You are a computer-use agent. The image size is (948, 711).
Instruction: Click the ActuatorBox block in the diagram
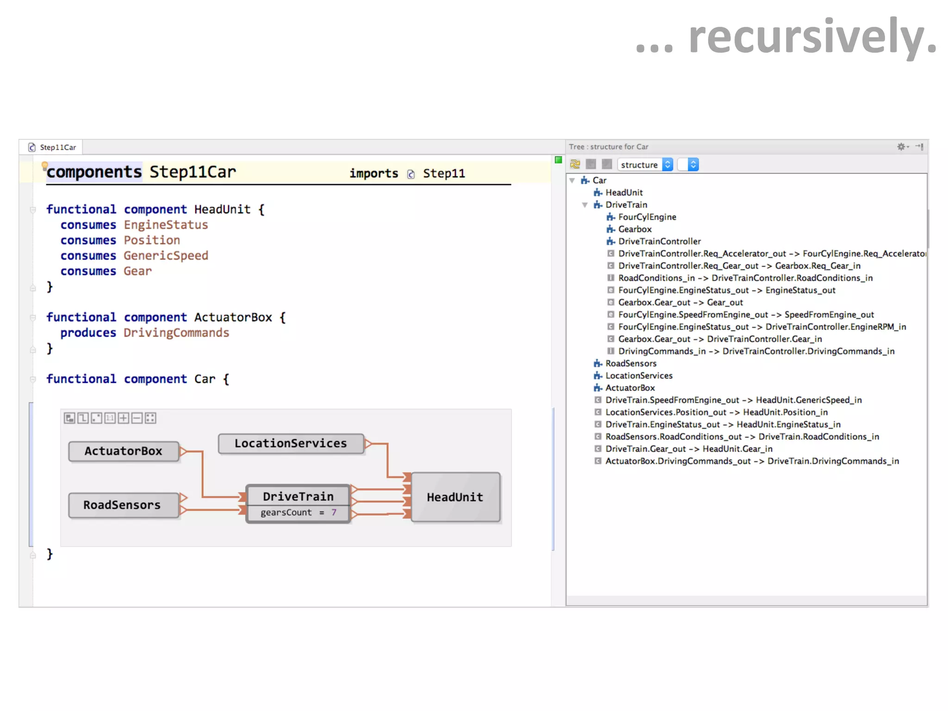(x=123, y=451)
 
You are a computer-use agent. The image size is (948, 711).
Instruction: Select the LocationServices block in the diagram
(x=290, y=443)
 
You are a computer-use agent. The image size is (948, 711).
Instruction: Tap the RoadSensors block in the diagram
(x=122, y=505)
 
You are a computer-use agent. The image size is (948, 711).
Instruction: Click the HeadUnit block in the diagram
(x=455, y=497)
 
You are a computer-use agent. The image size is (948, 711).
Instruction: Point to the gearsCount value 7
(x=334, y=512)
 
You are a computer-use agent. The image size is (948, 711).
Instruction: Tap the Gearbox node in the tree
(x=635, y=229)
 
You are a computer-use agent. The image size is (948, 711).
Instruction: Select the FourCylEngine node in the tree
(x=647, y=217)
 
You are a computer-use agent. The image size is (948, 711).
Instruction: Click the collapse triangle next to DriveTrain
(x=585, y=205)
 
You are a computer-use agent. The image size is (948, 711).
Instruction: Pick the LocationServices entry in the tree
(x=638, y=376)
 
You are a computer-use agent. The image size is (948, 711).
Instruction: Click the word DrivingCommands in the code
(x=176, y=333)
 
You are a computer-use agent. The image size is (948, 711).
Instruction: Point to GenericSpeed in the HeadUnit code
(x=166, y=256)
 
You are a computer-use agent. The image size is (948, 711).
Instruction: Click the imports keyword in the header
(x=374, y=174)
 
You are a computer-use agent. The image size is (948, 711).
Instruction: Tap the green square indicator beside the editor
(x=558, y=160)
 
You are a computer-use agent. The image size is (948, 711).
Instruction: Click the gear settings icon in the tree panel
(x=901, y=147)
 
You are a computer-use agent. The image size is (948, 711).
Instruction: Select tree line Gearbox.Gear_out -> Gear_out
(x=680, y=303)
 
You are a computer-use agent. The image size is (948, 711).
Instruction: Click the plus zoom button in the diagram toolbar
(x=124, y=418)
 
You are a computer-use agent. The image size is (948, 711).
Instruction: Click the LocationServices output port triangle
(x=368, y=444)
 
